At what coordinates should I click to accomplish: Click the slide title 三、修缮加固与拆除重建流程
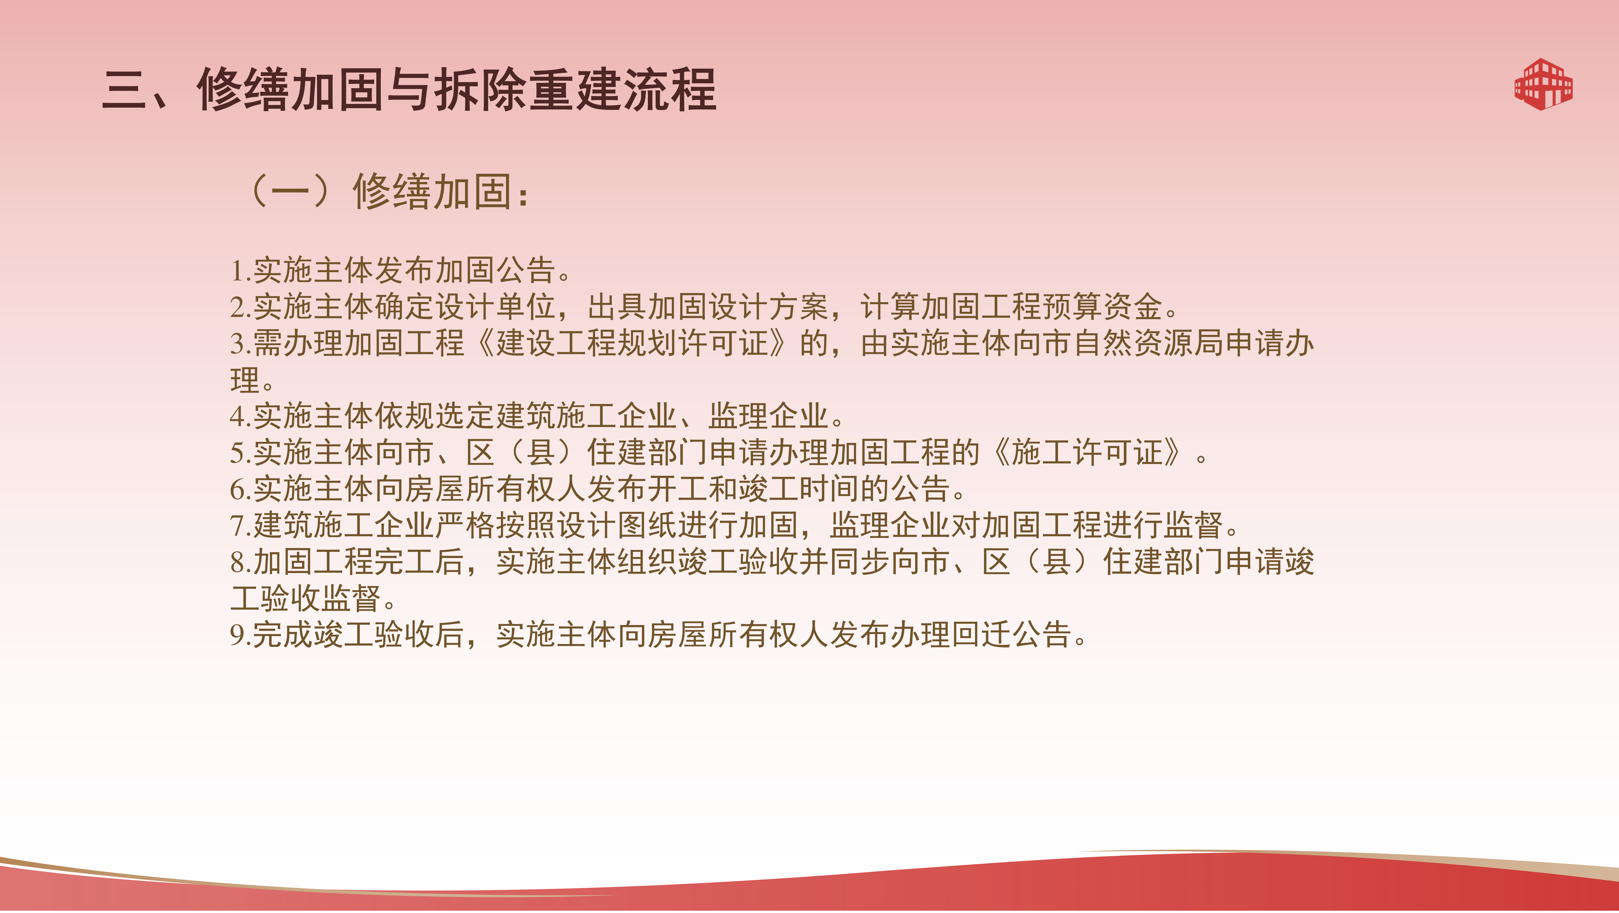point(409,90)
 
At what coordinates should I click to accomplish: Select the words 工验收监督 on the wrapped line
point(305,598)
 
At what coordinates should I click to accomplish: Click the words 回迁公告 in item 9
point(1011,635)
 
